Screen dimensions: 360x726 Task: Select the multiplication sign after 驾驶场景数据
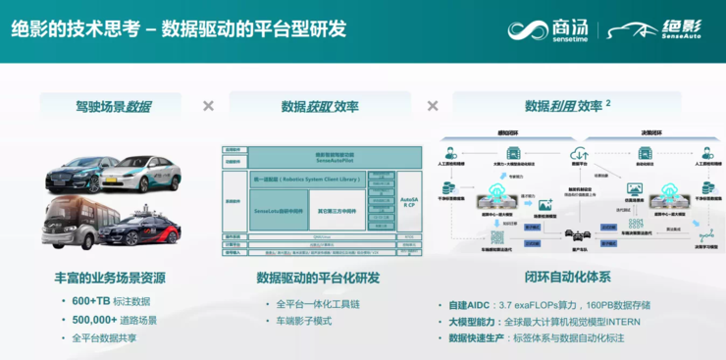208,106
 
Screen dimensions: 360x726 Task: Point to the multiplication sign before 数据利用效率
432,106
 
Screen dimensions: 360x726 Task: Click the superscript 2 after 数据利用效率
608,102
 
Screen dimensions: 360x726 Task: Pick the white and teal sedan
147,174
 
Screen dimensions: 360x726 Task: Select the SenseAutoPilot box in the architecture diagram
320,157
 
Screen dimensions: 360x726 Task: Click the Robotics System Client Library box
307,181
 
